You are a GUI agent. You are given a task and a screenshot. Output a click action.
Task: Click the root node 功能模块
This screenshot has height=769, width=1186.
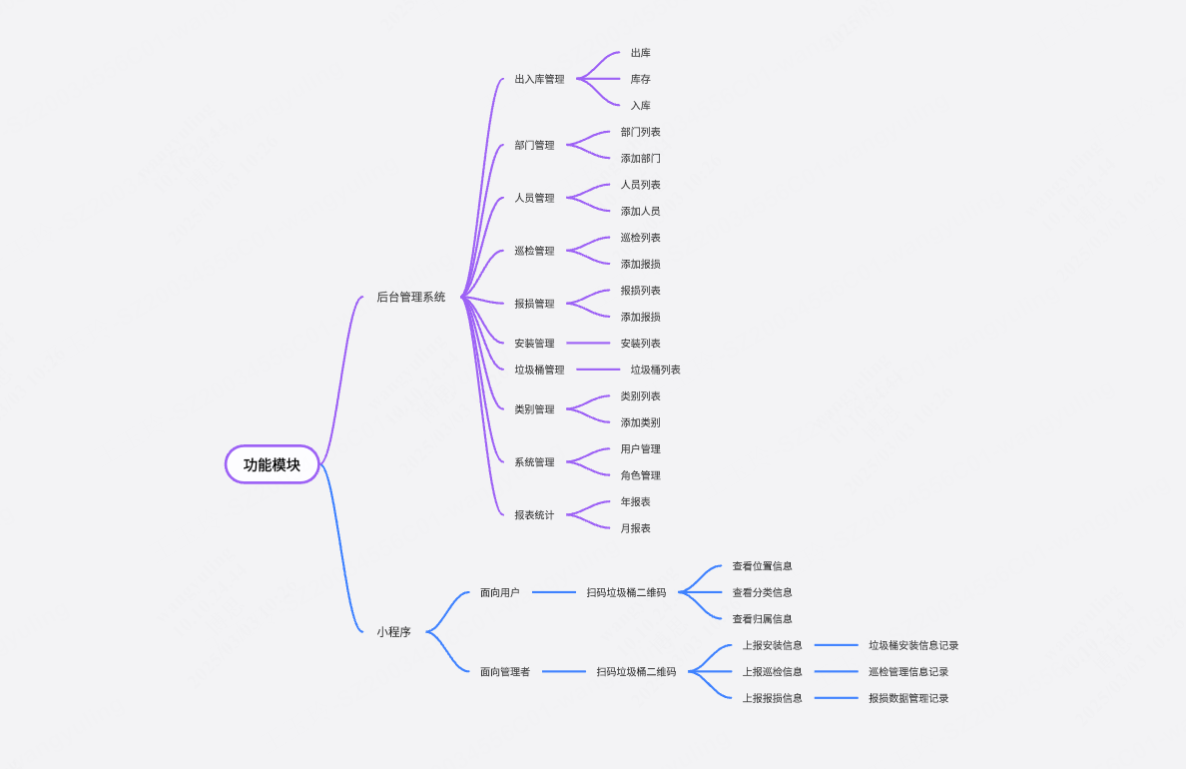pyautogui.click(x=273, y=464)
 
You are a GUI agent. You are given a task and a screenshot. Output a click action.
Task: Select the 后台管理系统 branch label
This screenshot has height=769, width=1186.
pyautogui.click(x=410, y=297)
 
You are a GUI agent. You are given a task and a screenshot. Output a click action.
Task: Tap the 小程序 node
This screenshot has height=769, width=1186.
pyautogui.click(x=393, y=631)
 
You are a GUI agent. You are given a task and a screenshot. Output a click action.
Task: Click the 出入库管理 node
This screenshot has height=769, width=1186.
pyautogui.click(x=539, y=79)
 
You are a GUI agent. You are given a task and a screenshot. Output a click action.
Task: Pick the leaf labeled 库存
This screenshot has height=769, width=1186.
pyautogui.click(x=641, y=79)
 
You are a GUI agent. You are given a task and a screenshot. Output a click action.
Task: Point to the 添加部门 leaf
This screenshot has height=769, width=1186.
pyautogui.click(x=641, y=158)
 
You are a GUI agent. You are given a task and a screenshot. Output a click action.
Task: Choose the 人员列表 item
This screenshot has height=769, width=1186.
pyautogui.click(x=641, y=185)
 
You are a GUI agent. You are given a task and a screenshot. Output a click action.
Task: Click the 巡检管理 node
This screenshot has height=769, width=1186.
pyautogui.click(x=535, y=251)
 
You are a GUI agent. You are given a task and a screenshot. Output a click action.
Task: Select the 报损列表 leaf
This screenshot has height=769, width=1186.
pyautogui.click(x=641, y=290)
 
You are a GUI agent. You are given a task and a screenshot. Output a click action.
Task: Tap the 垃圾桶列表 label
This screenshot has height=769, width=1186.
pyautogui.click(x=656, y=370)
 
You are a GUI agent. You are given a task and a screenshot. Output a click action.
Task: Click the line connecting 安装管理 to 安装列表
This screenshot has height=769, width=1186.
pyautogui.click(x=588, y=343)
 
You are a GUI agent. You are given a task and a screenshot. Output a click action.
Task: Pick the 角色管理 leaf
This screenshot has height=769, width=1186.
pyautogui.click(x=641, y=475)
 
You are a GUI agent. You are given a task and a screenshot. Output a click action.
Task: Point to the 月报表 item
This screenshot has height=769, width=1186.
pyautogui.click(x=635, y=528)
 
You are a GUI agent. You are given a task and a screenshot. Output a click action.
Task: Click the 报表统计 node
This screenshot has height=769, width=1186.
pyautogui.click(x=535, y=514)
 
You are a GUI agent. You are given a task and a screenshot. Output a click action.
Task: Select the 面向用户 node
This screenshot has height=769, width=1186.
pyautogui.click(x=500, y=592)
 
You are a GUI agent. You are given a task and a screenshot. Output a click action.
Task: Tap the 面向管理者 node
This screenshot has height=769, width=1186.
pyautogui.click(x=505, y=671)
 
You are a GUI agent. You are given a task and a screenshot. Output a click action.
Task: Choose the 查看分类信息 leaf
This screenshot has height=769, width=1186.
pyautogui.click(x=763, y=592)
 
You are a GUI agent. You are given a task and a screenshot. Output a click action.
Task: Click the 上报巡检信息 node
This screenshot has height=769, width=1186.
pyautogui.click(x=773, y=671)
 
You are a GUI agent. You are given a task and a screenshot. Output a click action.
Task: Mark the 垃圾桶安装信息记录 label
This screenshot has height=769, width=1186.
pyautogui.click(x=913, y=645)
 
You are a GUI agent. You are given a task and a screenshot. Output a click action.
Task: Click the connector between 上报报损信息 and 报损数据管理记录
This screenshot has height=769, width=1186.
pyautogui.click(x=836, y=698)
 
